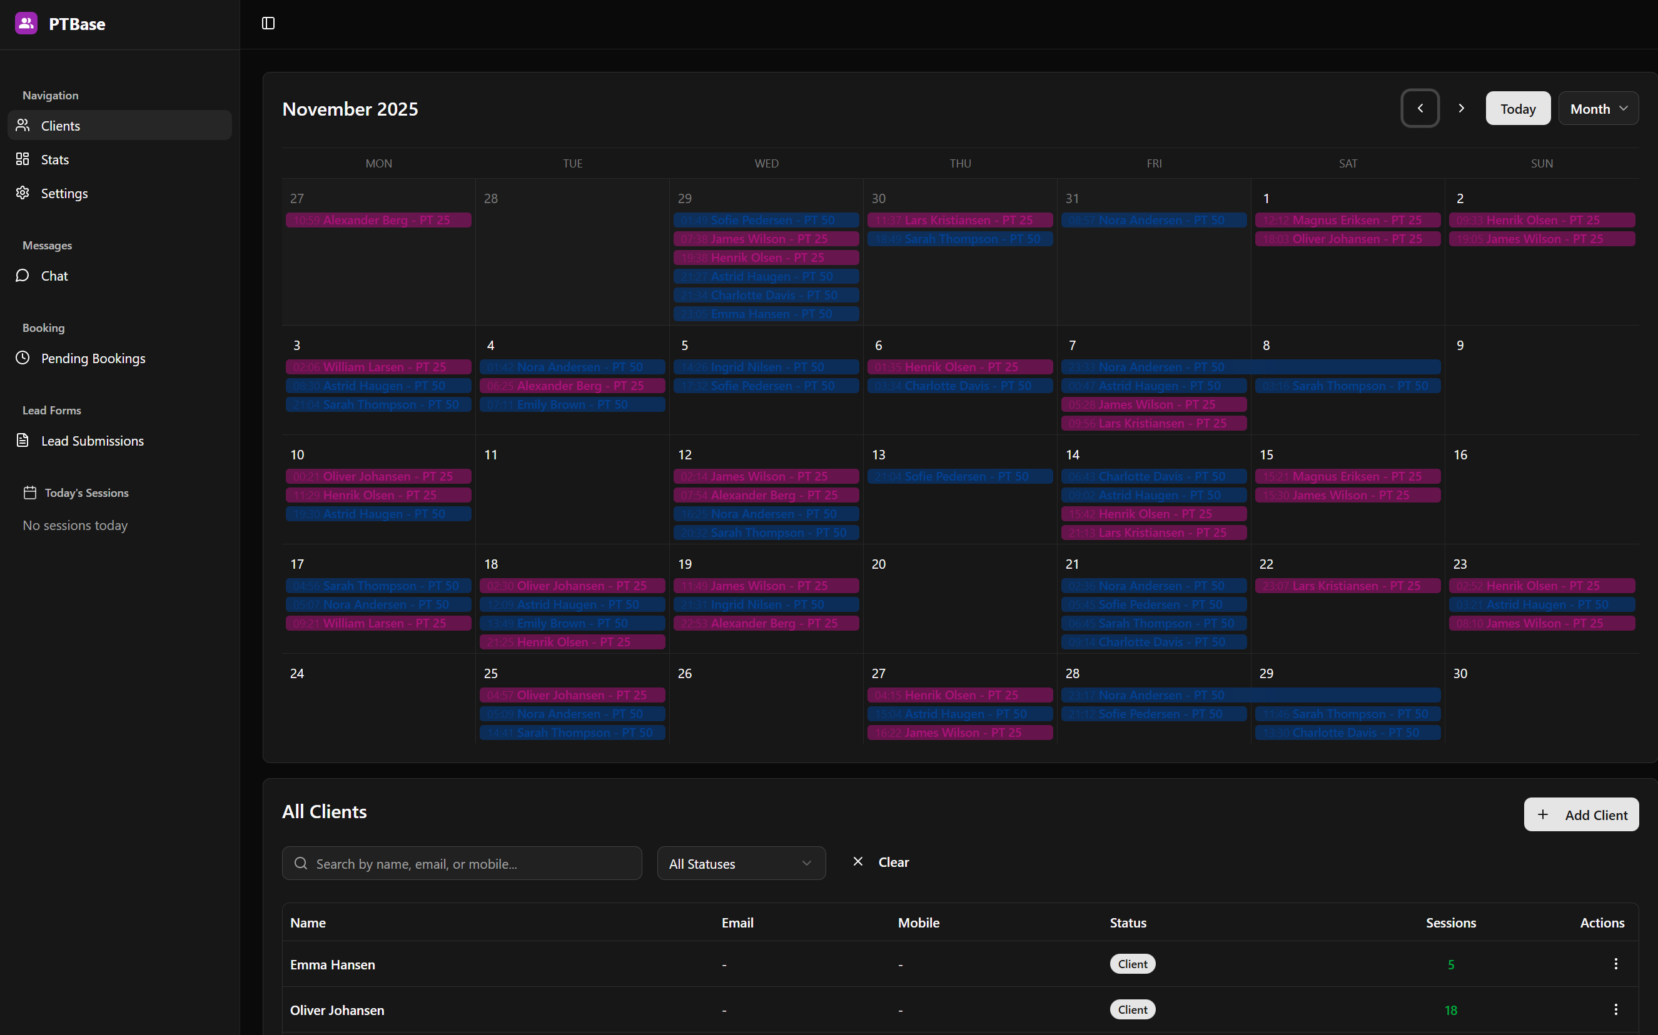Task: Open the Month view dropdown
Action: [1597, 109]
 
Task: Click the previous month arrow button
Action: [1420, 108]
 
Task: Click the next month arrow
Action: [1461, 108]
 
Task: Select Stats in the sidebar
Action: [55, 159]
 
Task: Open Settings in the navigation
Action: [64, 193]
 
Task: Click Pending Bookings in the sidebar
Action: [93, 358]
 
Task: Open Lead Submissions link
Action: [92, 441]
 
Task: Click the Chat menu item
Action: [54, 276]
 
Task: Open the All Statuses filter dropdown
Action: [741, 863]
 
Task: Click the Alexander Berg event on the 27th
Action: [378, 221]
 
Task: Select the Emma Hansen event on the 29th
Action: [766, 314]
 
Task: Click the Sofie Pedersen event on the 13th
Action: [959, 476]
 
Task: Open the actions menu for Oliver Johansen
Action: [1615, 1009]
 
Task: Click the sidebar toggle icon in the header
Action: [268, 24]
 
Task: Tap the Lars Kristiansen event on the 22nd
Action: [1347, 586]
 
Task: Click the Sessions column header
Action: [1450, 922]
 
